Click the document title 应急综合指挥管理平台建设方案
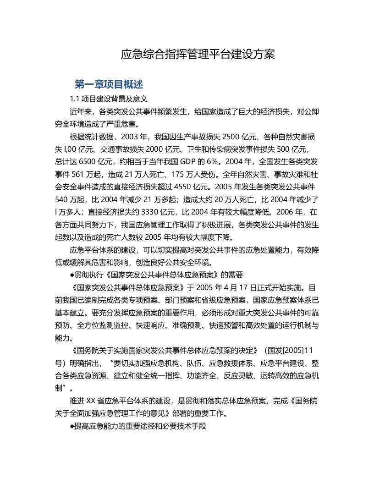(198, 55)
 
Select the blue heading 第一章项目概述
(109, 84)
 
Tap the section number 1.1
(75, 99)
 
